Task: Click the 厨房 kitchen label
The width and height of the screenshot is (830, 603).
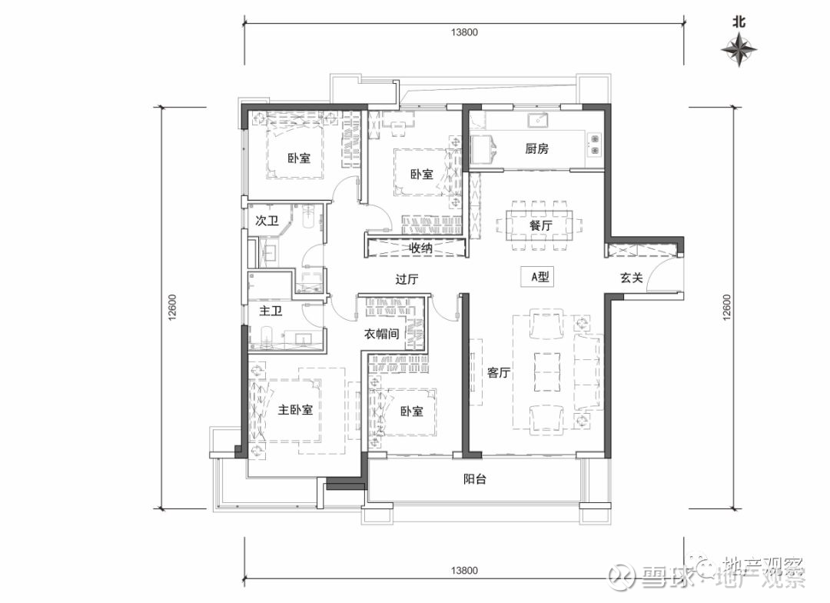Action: (x=536, y=148)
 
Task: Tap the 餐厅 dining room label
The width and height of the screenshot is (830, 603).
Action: (x=540, y=225)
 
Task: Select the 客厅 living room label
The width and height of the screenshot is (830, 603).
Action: (x=499, y=372)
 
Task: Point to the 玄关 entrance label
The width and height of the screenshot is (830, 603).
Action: (x=632, y=277)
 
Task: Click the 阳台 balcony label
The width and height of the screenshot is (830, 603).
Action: (x=475, y=479)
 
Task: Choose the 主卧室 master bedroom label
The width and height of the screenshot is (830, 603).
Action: (x=295, y=410)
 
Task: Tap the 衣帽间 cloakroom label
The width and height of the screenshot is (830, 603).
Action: (x=381, y=334)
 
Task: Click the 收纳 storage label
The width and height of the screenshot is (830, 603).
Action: (x=420, y=248)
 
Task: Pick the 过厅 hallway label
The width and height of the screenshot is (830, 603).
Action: (x=407, y=278)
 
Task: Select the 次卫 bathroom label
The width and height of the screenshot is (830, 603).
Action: (x=267, y=221)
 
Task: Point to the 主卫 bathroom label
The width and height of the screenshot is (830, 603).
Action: (x=271, y=311)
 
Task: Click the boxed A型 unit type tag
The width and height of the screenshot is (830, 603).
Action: (x=536, y=276)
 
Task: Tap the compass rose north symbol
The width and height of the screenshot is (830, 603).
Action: (x=739, y=49)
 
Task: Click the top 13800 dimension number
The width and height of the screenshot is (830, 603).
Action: (x=464, y=32)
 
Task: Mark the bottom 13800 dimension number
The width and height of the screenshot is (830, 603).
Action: (x=464, y=571)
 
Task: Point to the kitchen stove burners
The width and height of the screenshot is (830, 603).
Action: (x=594, y=145)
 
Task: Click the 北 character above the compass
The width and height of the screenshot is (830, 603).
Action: (x=739, y=22)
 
